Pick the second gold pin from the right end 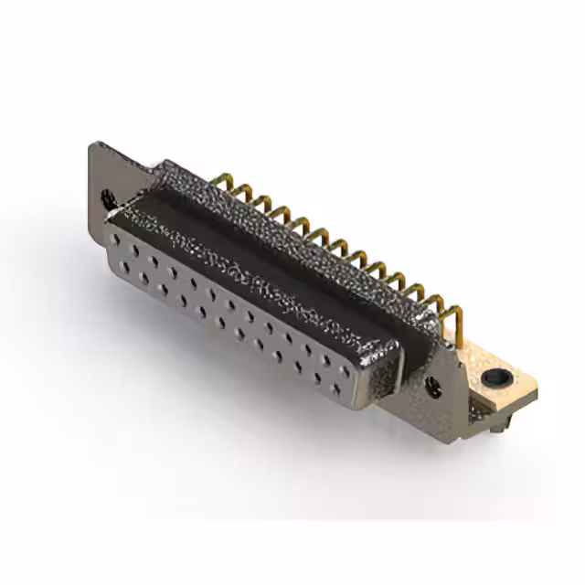(437, 306)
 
